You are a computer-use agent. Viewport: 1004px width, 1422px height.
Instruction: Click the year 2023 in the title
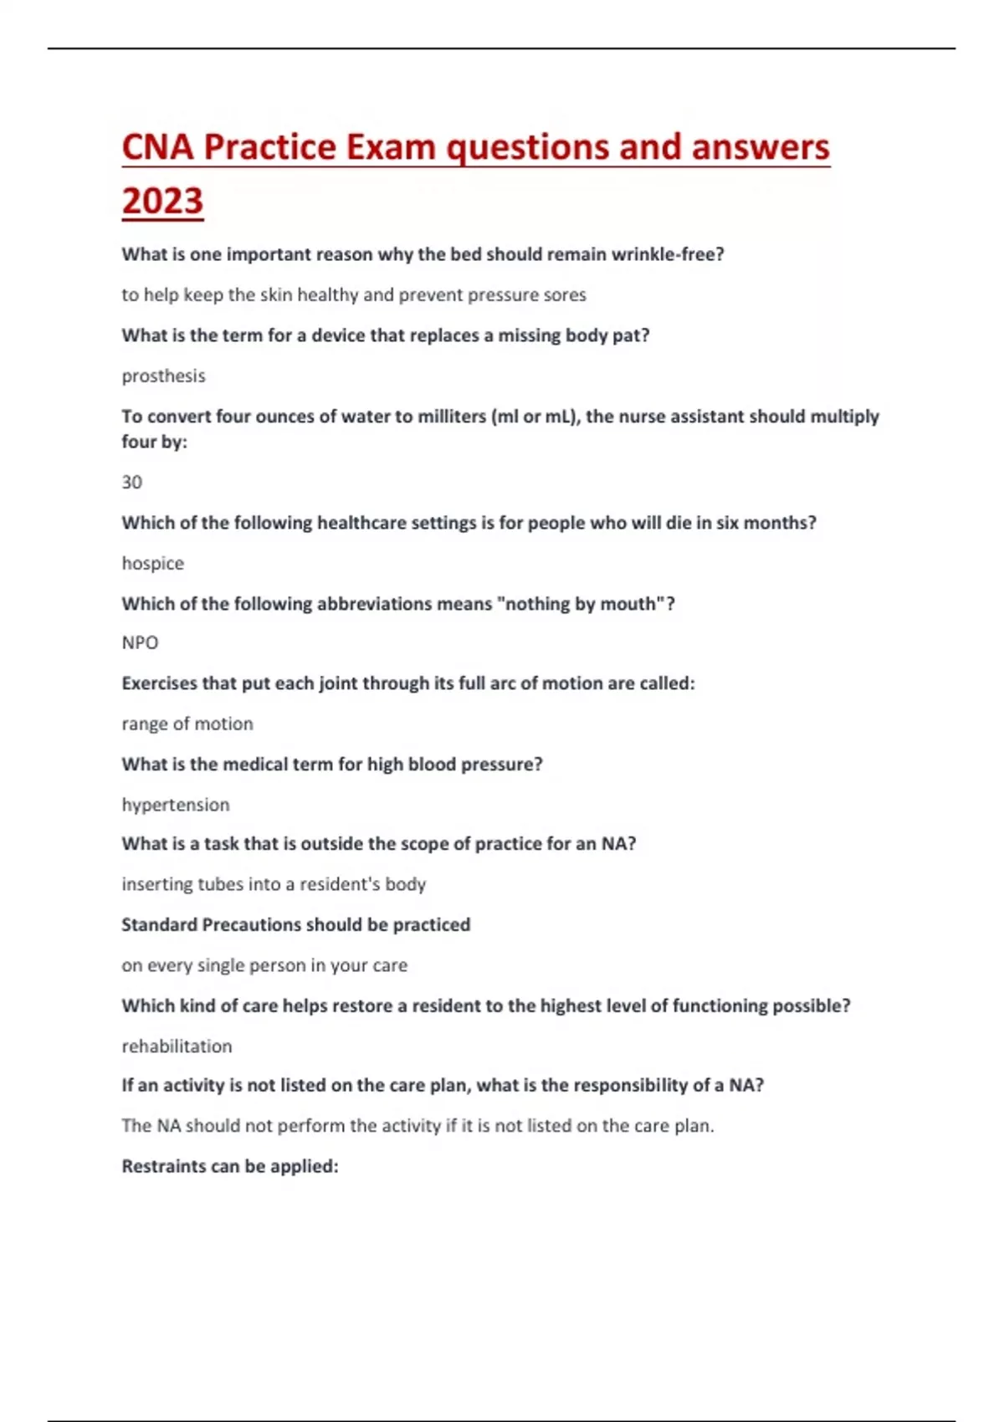(x=162, y=202)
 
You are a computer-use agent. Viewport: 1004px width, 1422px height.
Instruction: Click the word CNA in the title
(x=158, y=148)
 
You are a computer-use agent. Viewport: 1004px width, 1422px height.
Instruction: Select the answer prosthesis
(x=163, y=376)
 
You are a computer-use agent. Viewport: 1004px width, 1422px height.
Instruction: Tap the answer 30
(x=132, y=483)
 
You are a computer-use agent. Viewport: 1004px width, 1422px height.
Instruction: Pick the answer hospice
(x=152, y=564)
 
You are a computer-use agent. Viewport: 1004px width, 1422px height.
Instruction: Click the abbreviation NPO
(x=140, y=643)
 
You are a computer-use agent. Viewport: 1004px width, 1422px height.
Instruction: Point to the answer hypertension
(x=176, y=806)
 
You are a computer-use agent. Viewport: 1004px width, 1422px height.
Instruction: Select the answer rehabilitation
(x=177, y=1046)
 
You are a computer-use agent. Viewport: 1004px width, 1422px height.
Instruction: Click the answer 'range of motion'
(x=187, y=724)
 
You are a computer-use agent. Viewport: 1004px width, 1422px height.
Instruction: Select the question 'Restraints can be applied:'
(x=230, y=1167)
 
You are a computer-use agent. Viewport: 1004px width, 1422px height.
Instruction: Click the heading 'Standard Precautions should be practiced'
(x=295, y=925)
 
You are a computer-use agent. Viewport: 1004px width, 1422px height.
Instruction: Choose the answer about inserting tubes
(x=274, y=885)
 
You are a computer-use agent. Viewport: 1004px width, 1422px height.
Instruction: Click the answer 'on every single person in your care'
(x=264, y=966)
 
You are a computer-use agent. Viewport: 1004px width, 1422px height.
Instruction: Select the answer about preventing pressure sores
(x=354, y=295)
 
